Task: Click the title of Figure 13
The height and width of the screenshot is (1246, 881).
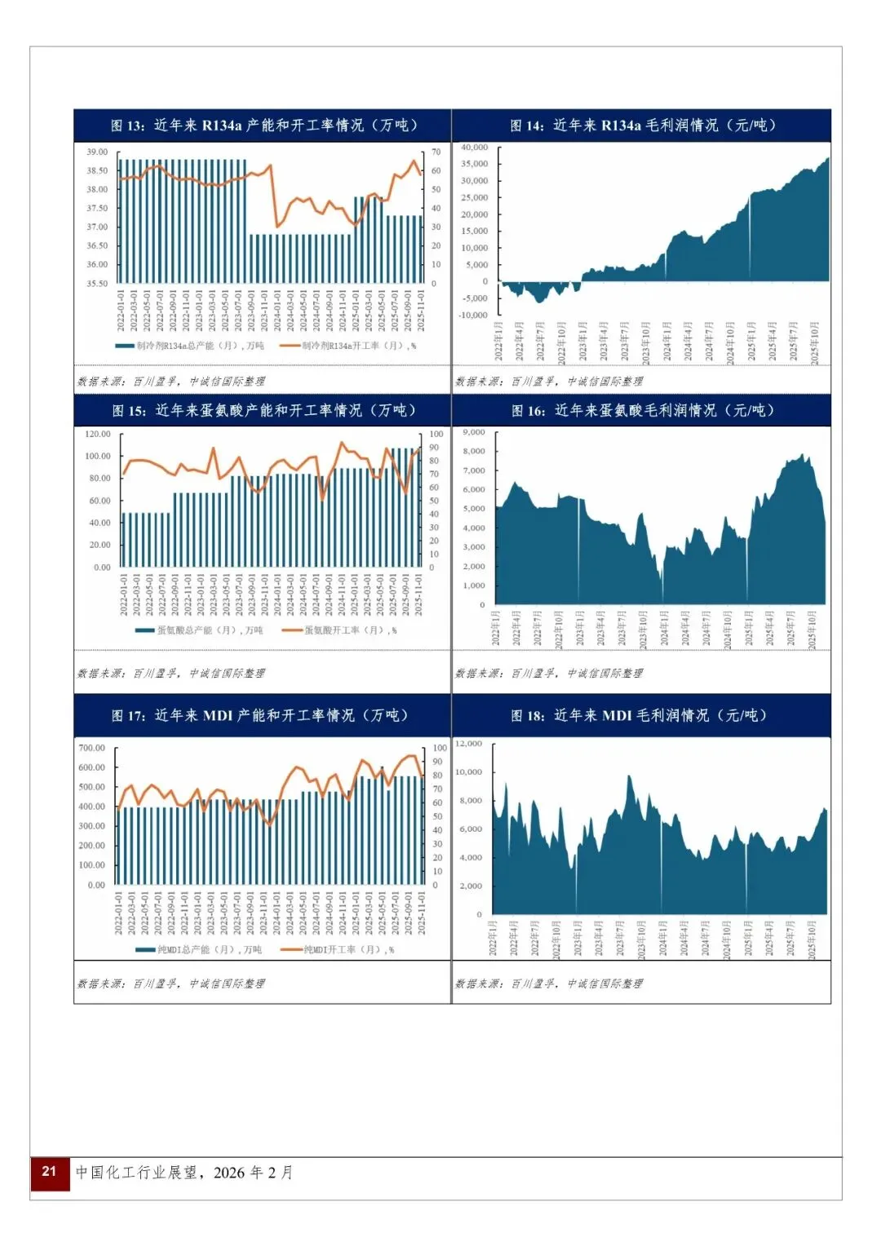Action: (263, 126)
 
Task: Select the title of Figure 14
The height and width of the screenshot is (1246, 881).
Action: (642, 126)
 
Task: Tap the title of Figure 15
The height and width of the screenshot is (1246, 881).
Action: (263, 410)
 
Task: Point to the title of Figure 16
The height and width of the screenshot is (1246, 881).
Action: (642, 410)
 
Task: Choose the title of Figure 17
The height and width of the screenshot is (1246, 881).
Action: (259, 715)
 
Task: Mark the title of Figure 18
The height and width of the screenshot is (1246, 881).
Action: (639, 715)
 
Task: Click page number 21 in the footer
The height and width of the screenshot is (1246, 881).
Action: (50, 1172)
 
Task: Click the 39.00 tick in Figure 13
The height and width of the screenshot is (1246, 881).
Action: (97, 152)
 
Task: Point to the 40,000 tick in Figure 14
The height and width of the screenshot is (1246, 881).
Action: (474, 148)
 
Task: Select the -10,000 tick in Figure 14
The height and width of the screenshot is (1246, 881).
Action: (474, 315)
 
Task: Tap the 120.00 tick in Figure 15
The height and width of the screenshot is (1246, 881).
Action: (97, 434)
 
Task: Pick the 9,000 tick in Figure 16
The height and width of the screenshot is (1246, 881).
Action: (474, 432)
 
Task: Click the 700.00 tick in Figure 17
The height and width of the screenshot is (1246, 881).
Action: (91, 748)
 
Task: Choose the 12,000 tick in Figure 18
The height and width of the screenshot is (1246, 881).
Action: (469, 744)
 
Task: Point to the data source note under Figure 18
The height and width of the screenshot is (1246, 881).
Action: (549, 983)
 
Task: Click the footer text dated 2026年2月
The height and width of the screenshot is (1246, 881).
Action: (184, 1173)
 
